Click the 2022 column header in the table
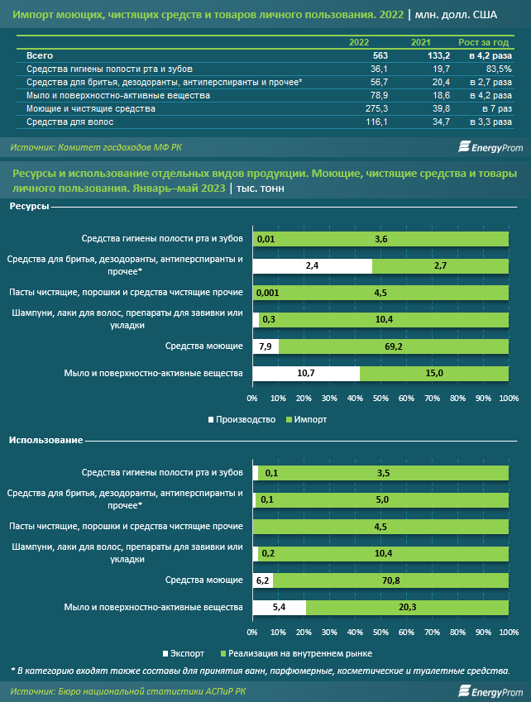(359, 42)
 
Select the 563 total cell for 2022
(380, 56)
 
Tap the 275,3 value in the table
(377, 109)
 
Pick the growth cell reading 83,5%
(500, 69)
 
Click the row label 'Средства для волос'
(69, 122)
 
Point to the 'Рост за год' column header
(484, 42)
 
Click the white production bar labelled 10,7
(306, 374)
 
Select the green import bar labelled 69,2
(394, 346)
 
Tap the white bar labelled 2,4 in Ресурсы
(313, 266)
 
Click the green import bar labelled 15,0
(434, 374)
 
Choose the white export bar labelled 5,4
(280, 608)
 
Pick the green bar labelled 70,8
(391, 580)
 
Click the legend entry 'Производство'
(242, 419)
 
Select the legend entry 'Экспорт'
(184, 654)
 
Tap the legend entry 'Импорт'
(307, 419)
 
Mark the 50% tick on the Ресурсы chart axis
(380, 399)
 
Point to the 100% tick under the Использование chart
(509, 633)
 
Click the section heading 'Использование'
(45, 441)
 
